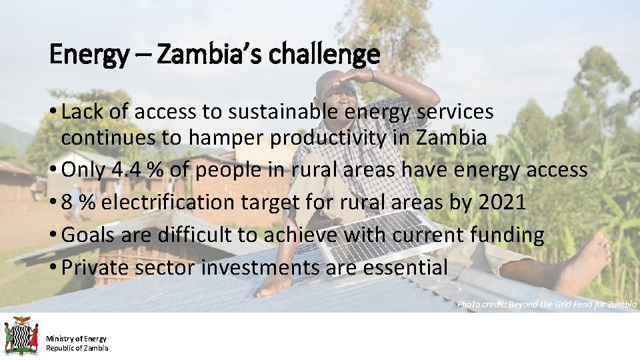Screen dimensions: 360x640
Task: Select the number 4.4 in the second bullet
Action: pos(127,170)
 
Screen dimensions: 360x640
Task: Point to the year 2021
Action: pos(502,203)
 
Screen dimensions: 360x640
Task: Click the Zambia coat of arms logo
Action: pos(21,336)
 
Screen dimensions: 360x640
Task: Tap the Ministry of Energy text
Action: pos(76,339)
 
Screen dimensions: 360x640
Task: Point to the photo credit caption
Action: pos(547,304)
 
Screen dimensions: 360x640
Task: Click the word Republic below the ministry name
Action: pos(59,348)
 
